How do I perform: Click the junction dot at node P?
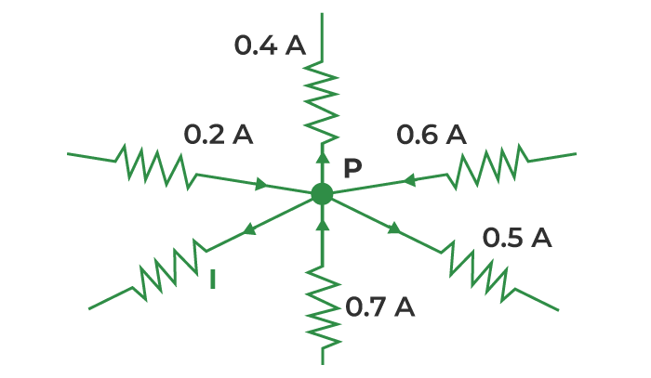coord(322,193)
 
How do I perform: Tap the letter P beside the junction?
coord(352,168)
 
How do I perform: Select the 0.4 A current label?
coord(270,46)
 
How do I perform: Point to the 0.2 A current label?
coord(219,135)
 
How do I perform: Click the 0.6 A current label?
coord(432,135)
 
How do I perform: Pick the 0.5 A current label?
coord(517,238)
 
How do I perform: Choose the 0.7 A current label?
coord(379,307)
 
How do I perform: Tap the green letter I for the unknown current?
coord(213,280)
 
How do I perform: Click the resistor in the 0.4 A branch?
coord(322,102)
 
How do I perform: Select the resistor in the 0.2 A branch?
coord(156,166)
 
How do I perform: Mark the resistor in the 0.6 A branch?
coord(488,166)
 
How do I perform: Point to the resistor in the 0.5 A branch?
coord(478,271)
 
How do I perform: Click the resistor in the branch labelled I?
coord(169,270)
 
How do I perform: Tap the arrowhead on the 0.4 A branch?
coord(322,158)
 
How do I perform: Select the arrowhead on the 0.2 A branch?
coord(261,184)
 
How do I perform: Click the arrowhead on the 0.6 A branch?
coord(409,180)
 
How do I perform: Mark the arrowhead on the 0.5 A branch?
coord(394,228)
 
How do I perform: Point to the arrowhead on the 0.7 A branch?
coord(323,224)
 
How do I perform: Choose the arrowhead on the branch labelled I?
coord(249,228)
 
